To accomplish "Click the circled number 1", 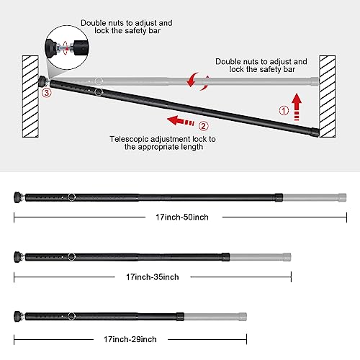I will pos(284,112).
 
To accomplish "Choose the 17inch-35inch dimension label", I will pos(152,276).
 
